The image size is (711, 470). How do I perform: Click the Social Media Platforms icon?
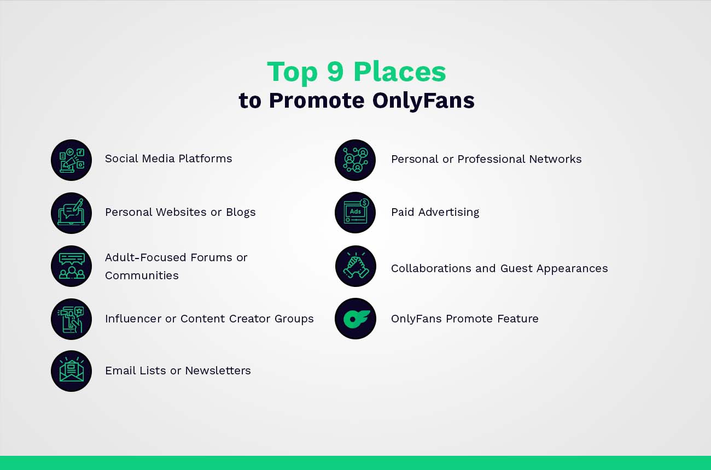[71, 160]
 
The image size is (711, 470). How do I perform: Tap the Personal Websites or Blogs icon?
[71, 213]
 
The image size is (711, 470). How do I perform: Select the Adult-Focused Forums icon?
[71, 266]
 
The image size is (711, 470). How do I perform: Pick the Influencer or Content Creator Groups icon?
[71, 319]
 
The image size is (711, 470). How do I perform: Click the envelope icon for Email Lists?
[71, 371]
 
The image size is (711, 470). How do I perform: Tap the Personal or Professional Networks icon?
[355, 160]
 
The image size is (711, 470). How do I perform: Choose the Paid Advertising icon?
[355, 212]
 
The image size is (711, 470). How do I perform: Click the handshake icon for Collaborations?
[355, 266]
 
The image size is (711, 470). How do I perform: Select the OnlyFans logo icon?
[355, 319]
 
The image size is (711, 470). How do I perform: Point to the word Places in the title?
[399, 72]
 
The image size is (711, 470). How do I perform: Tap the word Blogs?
[241, 212]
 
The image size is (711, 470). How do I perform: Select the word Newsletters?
[218, 371]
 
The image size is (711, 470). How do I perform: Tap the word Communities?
[142, 275]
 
